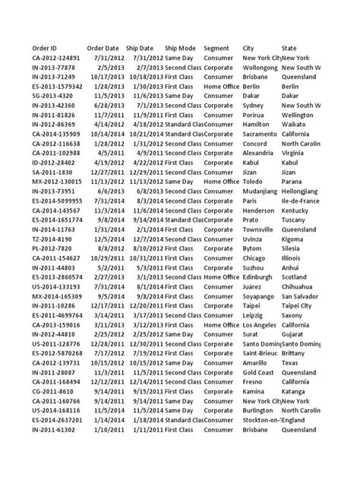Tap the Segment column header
pyautogui.click(x=217, y=48)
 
